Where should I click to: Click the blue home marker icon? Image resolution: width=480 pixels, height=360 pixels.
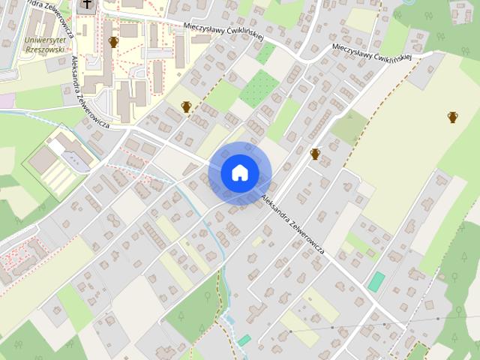[239, 172]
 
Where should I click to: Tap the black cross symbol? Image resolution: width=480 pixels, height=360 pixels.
[88, 5]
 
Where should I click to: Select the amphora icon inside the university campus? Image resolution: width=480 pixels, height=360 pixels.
[114, 42]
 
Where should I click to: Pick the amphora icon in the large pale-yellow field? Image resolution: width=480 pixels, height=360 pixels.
[453, 116]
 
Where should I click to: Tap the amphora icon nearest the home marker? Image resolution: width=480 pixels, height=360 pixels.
[315, 154]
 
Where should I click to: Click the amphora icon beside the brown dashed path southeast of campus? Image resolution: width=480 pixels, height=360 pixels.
[186, 107]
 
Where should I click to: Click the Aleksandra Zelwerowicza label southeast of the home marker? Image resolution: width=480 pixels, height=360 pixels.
[293, 223]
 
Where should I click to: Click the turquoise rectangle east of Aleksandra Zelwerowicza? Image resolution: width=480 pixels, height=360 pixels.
[376, 282]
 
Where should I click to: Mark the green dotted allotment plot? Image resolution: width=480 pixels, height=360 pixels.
[259, 89]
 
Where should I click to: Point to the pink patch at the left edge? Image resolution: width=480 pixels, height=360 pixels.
[6, 100]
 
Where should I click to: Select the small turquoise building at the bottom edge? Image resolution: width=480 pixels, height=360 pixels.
[244, 340]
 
